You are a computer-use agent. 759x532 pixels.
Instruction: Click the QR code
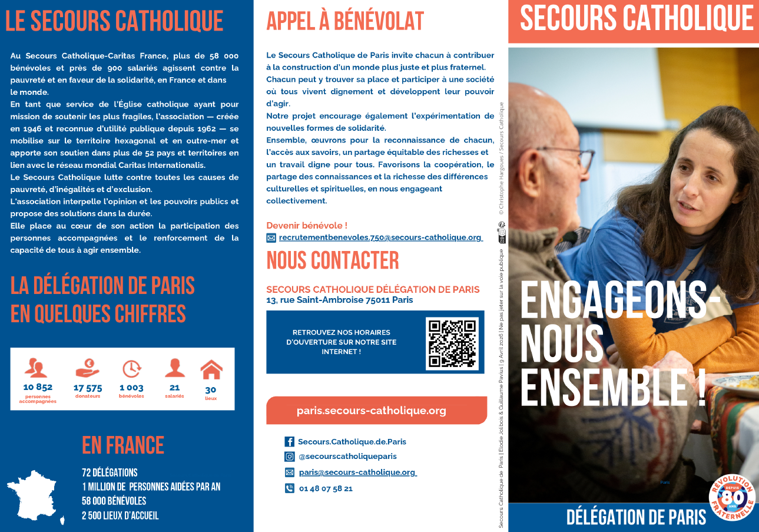pyautogui.click(x=452, y=343)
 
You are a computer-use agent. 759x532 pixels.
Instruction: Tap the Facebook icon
pyautogui.click(x=289, y=441)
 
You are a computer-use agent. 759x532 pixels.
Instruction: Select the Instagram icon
pyautogui.click(x=289, y=457)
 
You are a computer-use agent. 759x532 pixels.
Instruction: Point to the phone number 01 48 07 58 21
pyautogui.click(x=326, y=488)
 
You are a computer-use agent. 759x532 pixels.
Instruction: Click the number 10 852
pyautogui.click(x=38, y=387)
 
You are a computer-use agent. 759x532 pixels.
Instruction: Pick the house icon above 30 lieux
pyautogui.click(x=211, y=370)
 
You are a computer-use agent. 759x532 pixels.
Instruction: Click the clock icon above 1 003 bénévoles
pyautogui.click(x=131, y=368)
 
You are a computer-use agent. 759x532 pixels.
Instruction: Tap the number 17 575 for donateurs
pyautogui.click(x=88, y=388)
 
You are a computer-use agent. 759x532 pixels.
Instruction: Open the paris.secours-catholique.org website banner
pyautogui.click(x=372, y=411)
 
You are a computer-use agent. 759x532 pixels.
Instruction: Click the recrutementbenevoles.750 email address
pyautogui.click(x=380, y=237)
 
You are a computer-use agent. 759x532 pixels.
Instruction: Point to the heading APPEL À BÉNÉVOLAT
pyautogui.click(x=345, y=21)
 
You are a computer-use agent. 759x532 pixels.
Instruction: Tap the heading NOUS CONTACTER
pyautogui.click(x=333, y=260)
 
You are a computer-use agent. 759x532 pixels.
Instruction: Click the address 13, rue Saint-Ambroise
pyautogui.click(x=339, y=300)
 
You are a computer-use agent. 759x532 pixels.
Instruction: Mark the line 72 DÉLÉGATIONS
pyautogui.click(x=110, y=472)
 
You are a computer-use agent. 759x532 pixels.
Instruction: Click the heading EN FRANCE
pyautogui.click(x=123, y=445)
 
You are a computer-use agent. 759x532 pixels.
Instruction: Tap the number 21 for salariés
pyautogui.click(x=174, y=388)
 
